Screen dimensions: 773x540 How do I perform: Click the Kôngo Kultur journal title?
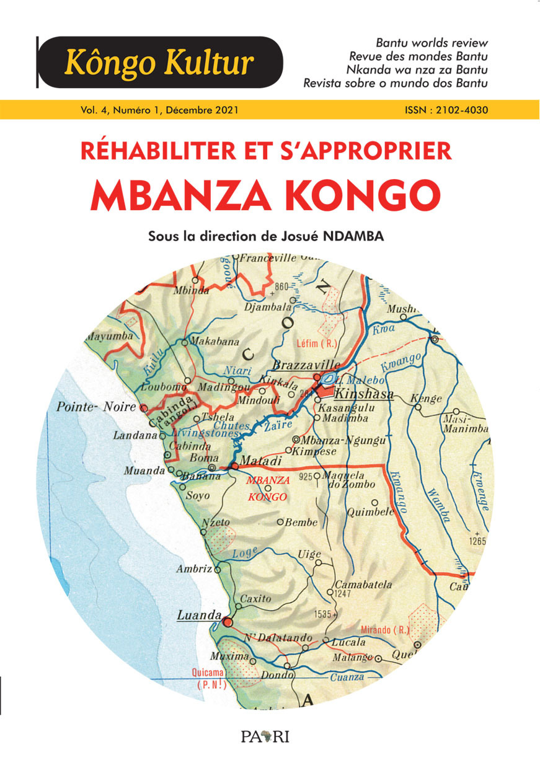(159, 63)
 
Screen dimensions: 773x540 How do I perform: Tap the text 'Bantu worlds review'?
(432, 43)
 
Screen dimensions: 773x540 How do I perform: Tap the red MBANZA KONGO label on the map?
(267, 488)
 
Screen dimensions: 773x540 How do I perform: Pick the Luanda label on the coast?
(199, 616)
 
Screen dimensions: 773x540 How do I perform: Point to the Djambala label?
(268, 306)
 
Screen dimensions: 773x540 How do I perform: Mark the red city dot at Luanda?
(227, 621)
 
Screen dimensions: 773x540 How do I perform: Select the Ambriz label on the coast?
(194, 568)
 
